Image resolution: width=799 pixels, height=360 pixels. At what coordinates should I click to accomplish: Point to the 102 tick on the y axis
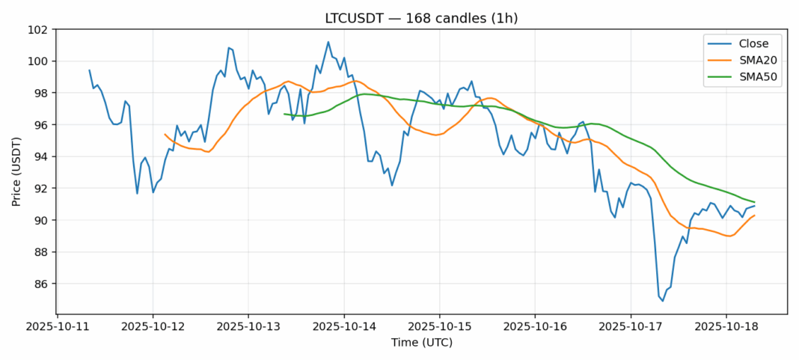point(39,30)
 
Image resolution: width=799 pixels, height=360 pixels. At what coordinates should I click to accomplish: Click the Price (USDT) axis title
point(16,171)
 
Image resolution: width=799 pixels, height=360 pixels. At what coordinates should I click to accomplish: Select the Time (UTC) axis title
point(421,343)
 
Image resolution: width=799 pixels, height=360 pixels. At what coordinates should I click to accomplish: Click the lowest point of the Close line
point(663,301)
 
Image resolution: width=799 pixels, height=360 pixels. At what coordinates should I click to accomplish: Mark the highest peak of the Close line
point(328,42)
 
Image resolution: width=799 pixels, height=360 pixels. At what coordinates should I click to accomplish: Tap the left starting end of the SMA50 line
point(284,114)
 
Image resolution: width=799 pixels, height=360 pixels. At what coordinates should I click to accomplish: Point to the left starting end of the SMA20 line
point(165,134)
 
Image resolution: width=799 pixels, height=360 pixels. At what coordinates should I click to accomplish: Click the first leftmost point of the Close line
point(89,70)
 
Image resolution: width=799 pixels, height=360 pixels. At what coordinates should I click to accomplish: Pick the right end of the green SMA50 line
point(754,202)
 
